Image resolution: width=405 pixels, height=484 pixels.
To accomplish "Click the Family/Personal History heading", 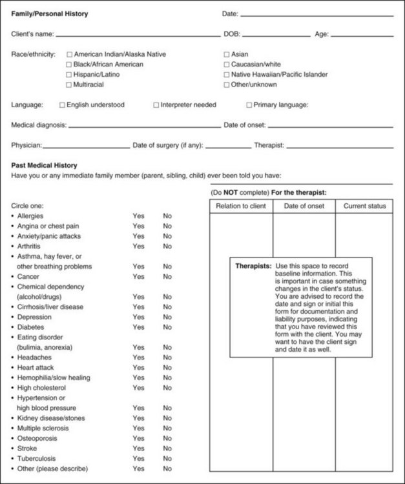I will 50,14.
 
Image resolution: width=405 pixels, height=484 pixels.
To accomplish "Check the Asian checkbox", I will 227,55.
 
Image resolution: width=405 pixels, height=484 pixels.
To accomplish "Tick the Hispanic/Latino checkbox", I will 69,75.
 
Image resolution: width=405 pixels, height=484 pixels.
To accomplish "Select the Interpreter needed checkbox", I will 156,105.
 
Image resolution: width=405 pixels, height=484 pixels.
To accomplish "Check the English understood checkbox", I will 63,105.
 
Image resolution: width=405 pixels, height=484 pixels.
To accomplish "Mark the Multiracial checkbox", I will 69,85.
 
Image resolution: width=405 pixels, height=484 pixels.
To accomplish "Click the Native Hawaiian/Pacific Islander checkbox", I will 227,75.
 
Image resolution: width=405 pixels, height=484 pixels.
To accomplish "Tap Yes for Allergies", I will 138,216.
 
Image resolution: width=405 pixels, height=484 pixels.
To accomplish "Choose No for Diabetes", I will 167,327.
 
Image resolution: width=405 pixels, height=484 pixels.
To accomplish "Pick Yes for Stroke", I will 138,449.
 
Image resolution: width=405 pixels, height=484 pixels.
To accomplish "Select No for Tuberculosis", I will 167,458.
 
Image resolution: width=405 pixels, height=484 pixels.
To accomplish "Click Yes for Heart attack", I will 138,368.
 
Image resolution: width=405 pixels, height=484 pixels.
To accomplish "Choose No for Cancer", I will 167,277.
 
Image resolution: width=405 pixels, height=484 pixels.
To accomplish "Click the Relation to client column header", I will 241,207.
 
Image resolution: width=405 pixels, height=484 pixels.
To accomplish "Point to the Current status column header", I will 364,207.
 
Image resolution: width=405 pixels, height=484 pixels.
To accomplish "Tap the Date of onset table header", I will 304,207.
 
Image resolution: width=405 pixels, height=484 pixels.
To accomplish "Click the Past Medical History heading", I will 44,166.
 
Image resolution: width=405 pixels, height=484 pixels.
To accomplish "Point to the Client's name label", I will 33,34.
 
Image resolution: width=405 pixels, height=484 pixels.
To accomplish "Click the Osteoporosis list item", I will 38,438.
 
